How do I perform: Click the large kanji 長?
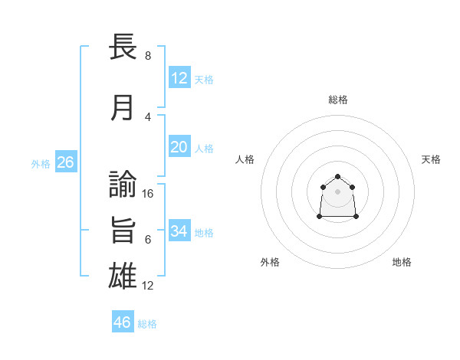tap(123, 46)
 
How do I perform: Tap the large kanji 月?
tap(122, 108)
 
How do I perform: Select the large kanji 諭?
tap(123, 184)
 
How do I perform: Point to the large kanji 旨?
tap(123, 230)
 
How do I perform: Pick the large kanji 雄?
tap(123, 276)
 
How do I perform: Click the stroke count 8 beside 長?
tap(148, 55)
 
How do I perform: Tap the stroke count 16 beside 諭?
tap(147, 194)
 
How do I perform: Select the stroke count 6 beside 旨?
tap(148, 240)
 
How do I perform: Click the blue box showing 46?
tap(123, 321)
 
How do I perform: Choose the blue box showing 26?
tap(66, 162)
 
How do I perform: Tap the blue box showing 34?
tap(179, 230)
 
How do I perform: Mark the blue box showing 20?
tap(179, 146)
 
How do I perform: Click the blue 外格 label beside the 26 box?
tap(41, 164)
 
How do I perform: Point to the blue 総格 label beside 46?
tap(147, 324)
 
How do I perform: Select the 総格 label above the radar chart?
tap(338, 100)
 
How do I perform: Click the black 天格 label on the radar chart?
tap(431, 159)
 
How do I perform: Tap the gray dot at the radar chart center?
tap(337, 191)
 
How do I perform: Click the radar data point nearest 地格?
tap(356, 216)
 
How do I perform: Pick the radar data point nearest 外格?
tap(320, 216)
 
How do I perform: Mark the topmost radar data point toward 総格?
tap(337, 176)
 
